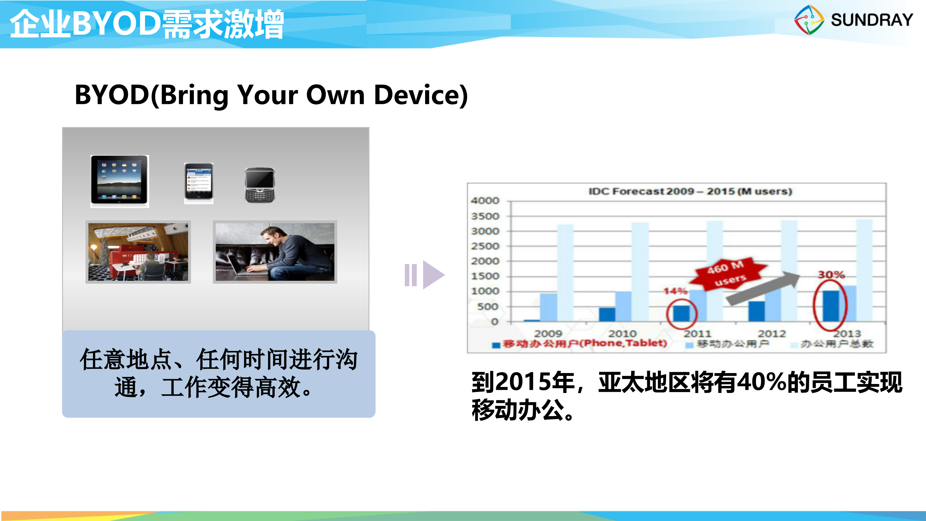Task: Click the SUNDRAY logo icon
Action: (x=809, y=20)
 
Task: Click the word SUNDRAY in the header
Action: (x=872, y=20)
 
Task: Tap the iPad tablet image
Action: (x=119, y=180)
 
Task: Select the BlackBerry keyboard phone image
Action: (x=260, y=185)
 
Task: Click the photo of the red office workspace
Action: (x=138, y=252)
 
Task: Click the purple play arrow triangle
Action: (x=433, y=275)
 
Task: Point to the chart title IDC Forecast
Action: (x=690, y=191)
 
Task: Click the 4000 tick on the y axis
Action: (x=485, y=201)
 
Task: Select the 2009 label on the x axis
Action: (x=548, y=334)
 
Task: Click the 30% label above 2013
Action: (x=831, y=275)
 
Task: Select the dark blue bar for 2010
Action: (x=607, y=314)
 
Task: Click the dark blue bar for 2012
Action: (x=756, y=311)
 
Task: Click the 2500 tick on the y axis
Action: (x=485, y=246)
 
